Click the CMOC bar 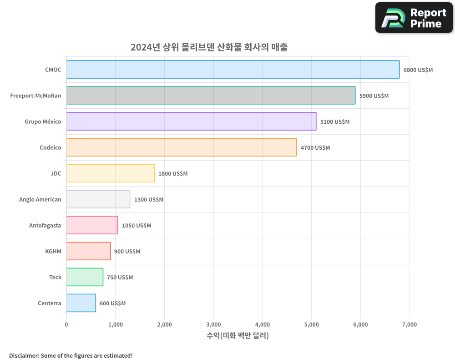pos(233,70)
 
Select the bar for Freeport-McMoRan pos(211,96)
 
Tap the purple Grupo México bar pos(191,121)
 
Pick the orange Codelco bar pos(182,147)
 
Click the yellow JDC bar pos(111,173)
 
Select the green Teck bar pos(85,277)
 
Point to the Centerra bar pos(81,303)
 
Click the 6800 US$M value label pos(418,70)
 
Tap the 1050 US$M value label pos(136,226)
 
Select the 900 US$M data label pos(127,252)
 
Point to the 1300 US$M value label pos(149,200)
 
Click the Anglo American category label pos(40,199)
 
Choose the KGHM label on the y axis pos(53,251)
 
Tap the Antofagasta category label pos(45,225)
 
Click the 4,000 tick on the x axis pos(263,324)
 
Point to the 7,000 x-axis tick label pos(409,324)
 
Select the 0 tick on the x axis pos(66,324)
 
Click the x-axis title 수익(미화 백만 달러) pos(238,336)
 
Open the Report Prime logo pos(414,18)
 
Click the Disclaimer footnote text pos(71,355)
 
